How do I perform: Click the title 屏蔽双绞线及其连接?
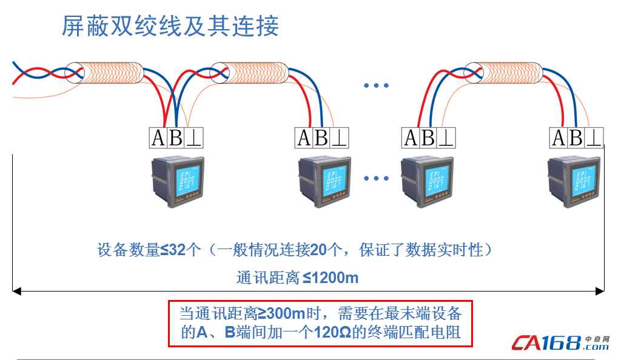point(170,26)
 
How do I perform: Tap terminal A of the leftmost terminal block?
point(158,138)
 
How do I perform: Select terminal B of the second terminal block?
point(321,138)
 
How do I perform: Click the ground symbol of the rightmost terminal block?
point(594,138)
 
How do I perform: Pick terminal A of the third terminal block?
point(411,138)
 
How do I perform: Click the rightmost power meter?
point(574,182)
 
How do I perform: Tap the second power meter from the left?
point(324,182)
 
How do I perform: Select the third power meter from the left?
point(427,182)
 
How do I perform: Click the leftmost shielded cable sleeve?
point(104,73)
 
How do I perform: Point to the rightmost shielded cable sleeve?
point(503,73)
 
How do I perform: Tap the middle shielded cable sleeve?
point(249,73)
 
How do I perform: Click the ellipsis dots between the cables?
point(376,85)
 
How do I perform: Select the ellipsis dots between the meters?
point(376,178)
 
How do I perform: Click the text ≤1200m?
point(331,278)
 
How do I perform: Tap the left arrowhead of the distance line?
point(16,292)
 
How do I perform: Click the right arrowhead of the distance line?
point(600,292)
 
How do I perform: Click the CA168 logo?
point(560,343)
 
